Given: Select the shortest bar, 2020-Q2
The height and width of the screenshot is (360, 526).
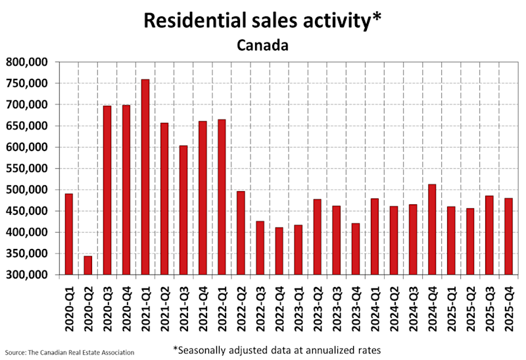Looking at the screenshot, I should coord(87,265).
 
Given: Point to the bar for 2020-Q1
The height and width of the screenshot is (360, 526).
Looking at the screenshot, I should coord(68,234).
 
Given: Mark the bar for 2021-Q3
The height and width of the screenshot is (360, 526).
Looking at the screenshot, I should coord(183,210).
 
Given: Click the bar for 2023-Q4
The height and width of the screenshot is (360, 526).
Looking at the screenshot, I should coord(356,249).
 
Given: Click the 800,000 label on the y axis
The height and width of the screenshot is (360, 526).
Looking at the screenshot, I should coord(28,62).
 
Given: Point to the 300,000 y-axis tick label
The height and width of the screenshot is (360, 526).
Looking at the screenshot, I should coord(28,275).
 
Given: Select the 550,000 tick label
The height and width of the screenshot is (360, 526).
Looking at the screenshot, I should coord(28,169).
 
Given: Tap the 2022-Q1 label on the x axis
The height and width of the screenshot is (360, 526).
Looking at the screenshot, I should coord(222,311).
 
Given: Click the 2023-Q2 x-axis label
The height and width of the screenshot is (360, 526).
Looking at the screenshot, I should coord(318,311).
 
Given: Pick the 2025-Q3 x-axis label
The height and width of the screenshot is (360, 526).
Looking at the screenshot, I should coord(490,311).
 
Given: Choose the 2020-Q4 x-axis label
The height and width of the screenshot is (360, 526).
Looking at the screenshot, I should coord(126,311).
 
